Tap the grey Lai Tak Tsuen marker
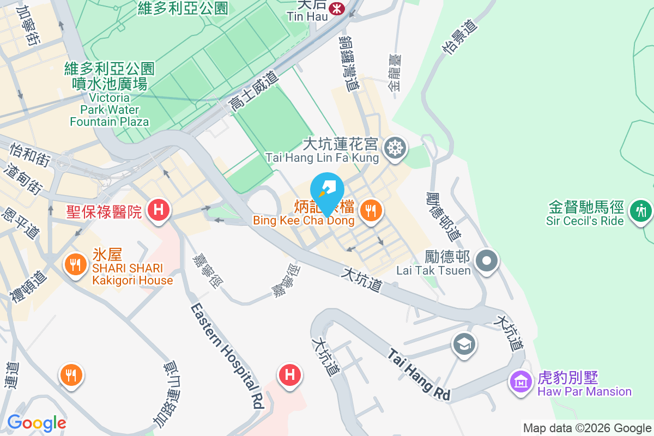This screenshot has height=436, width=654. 487,261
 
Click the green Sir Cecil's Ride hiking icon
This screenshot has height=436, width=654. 640,209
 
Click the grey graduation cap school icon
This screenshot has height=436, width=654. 464,344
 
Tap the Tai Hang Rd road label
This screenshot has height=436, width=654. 420,375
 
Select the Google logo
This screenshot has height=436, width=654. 37,423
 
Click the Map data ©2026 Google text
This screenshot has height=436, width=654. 587,428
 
